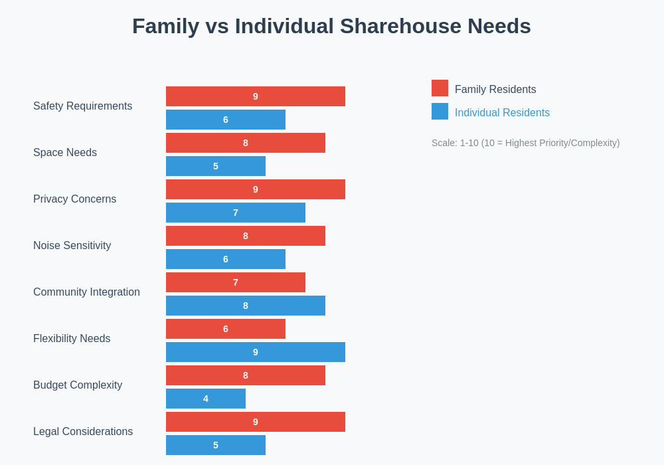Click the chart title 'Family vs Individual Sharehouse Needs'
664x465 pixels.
[x=331, y=26]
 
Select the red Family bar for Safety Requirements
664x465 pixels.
[x=256, y=96]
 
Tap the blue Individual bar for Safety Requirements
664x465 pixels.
[x=226, y=120]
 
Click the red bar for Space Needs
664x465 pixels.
[x=246, y=143]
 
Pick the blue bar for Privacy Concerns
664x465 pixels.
[x=236, y=213]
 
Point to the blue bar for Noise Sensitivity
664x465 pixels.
[x=226, y=259]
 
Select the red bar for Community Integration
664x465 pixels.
[x=236, y=282]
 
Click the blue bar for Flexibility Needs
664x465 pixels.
[x=256, y=352]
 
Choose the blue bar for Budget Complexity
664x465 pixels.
[x=206, y=399]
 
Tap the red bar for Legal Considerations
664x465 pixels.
[x=256, y=422]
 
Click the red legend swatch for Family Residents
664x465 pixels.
[x=440, y=88]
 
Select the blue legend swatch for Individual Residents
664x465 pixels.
[x=440, y=112]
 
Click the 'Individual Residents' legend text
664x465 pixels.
[x=502, y=113]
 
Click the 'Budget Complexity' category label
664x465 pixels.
[x=78, y=385]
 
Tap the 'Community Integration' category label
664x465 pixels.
[x=86, y=292]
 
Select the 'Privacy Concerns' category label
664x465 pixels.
[x=74, y=199]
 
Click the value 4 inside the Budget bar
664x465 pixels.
[x=206, y=399]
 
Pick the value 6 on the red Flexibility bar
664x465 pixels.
[x=226, y=329]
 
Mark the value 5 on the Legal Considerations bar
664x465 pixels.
[x=216, y=445]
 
